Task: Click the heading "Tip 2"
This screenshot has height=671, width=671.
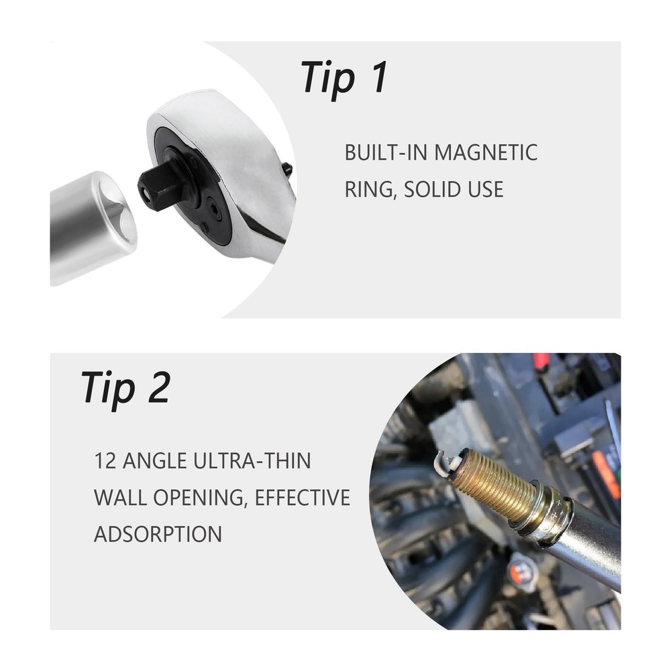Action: tap(126, 389)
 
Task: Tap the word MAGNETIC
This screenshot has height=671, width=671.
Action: tap(486, 153)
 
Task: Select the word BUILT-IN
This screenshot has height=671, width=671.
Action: tap(386, 153)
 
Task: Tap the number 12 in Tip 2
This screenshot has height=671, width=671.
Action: tap(105, 461)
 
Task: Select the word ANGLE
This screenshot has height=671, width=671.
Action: tap(154, 461)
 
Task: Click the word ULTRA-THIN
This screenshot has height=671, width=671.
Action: tap(252, 461)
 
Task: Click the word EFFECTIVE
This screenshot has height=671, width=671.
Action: tap(303, 498)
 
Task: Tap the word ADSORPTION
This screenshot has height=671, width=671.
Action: tap(158, 534)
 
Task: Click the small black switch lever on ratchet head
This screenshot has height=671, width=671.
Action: tap(288, 169)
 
